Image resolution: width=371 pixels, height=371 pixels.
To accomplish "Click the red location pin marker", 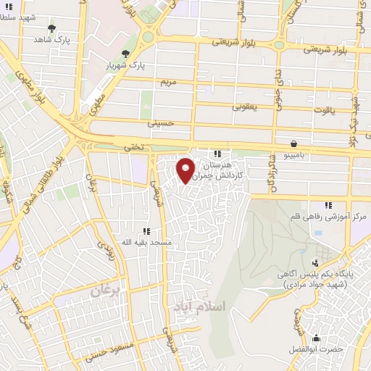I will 186,170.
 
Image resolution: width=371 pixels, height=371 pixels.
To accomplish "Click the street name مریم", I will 168,82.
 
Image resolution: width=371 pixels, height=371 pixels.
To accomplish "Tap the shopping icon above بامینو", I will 293,143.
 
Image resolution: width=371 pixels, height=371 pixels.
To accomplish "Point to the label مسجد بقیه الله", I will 146,242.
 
